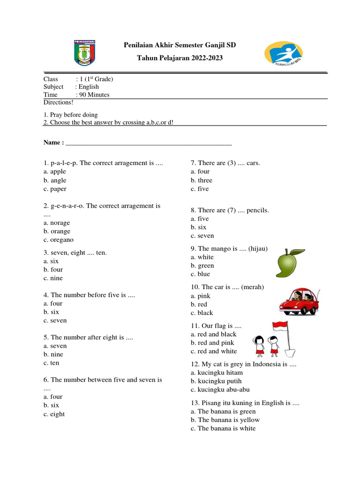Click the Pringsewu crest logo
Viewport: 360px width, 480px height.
click(x=84, y=52)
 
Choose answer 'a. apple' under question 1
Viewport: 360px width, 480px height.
click(x=55, y=172)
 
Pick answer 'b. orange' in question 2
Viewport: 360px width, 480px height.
click(x=57, y=231)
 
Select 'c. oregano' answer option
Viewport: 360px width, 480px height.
click(x=59, y=240)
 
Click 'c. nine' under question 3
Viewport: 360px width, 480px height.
click(x=53, y=278)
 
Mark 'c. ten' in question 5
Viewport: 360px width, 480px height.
click(x=52, y=363)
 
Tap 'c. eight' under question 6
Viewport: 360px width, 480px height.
click(x=54, y=414)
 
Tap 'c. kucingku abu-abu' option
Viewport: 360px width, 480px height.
click(x=220, y=390)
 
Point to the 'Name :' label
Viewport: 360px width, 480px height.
click(x=53, y=142)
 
